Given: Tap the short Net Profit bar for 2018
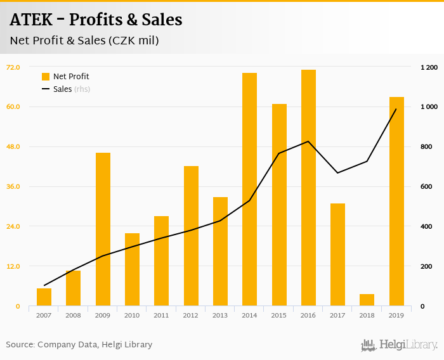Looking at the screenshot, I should [x=367, y=300].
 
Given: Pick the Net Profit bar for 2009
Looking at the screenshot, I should [x=103, y=229].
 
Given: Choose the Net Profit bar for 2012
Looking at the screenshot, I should [x=191, y=236].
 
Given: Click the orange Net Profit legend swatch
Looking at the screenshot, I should [x=46, y=77].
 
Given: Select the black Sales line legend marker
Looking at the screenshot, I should [x=46, y=89].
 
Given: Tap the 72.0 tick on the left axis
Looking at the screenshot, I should [x=13, y=67].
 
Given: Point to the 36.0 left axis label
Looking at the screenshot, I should [x=13, y=186].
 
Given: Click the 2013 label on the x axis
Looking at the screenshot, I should [x=220, y=315].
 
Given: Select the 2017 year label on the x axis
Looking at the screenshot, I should [x=337, y=315].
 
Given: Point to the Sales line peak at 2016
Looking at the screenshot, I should [x=308, y=141].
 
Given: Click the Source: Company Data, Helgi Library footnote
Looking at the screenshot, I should [x=79, y=345].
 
